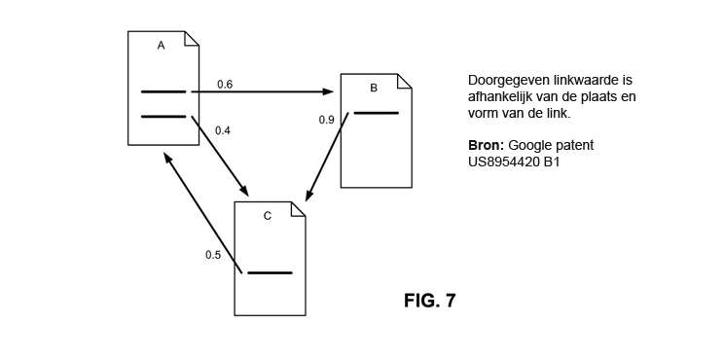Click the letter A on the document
point(162,45)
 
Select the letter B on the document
point(374,89)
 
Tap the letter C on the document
point(268,216)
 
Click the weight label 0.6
point(225,85)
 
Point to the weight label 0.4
point(223,130)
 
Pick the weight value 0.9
point(326,120)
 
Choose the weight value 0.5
point(213,255)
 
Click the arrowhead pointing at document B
point(328,91)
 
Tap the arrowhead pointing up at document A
point(168,160)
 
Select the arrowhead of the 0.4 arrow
point(244,190)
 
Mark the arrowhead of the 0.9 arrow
point(309,195)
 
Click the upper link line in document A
point(163,91)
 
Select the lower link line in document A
point(163,117)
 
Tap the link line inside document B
point(376,113)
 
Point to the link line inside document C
point(270,272)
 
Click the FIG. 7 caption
point(430,301)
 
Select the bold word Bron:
point(487,145)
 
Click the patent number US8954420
point(504,162)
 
